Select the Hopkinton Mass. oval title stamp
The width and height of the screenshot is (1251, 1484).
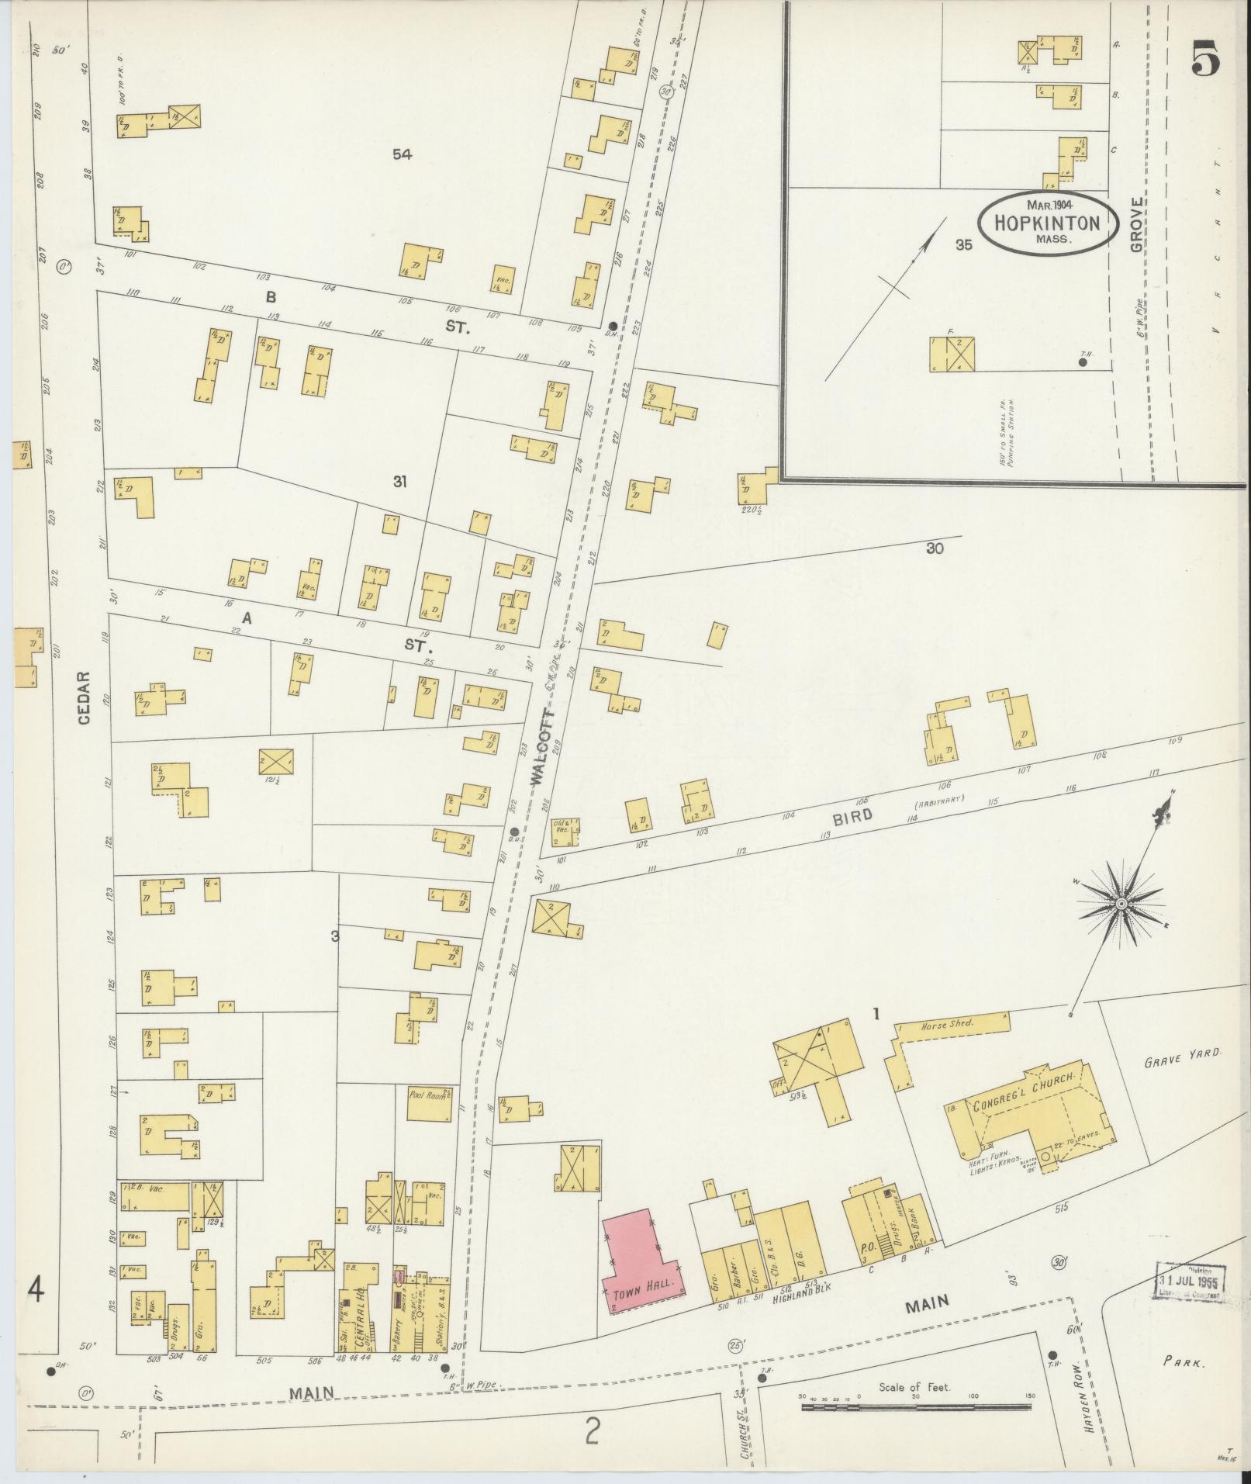pos(1047,223)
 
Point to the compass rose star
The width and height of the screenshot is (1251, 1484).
pos(1121,905)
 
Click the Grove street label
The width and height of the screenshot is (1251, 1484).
pos(1136,225)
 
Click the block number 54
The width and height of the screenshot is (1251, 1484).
pos(401,154)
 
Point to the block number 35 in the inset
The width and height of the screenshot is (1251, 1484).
pos(963,245)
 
